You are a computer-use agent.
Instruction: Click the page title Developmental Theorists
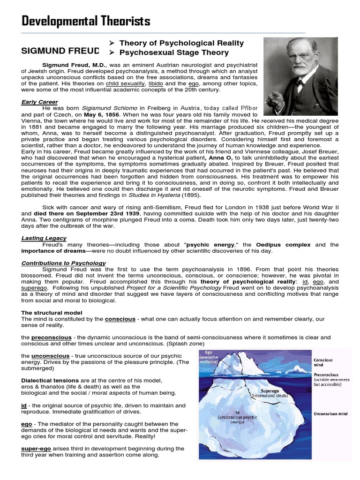86,21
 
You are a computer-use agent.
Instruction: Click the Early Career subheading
39,102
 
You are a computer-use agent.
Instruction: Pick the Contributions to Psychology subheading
63,263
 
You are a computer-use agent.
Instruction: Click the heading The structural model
52,313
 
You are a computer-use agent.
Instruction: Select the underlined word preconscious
52,337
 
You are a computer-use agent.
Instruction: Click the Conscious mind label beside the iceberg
323,363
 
